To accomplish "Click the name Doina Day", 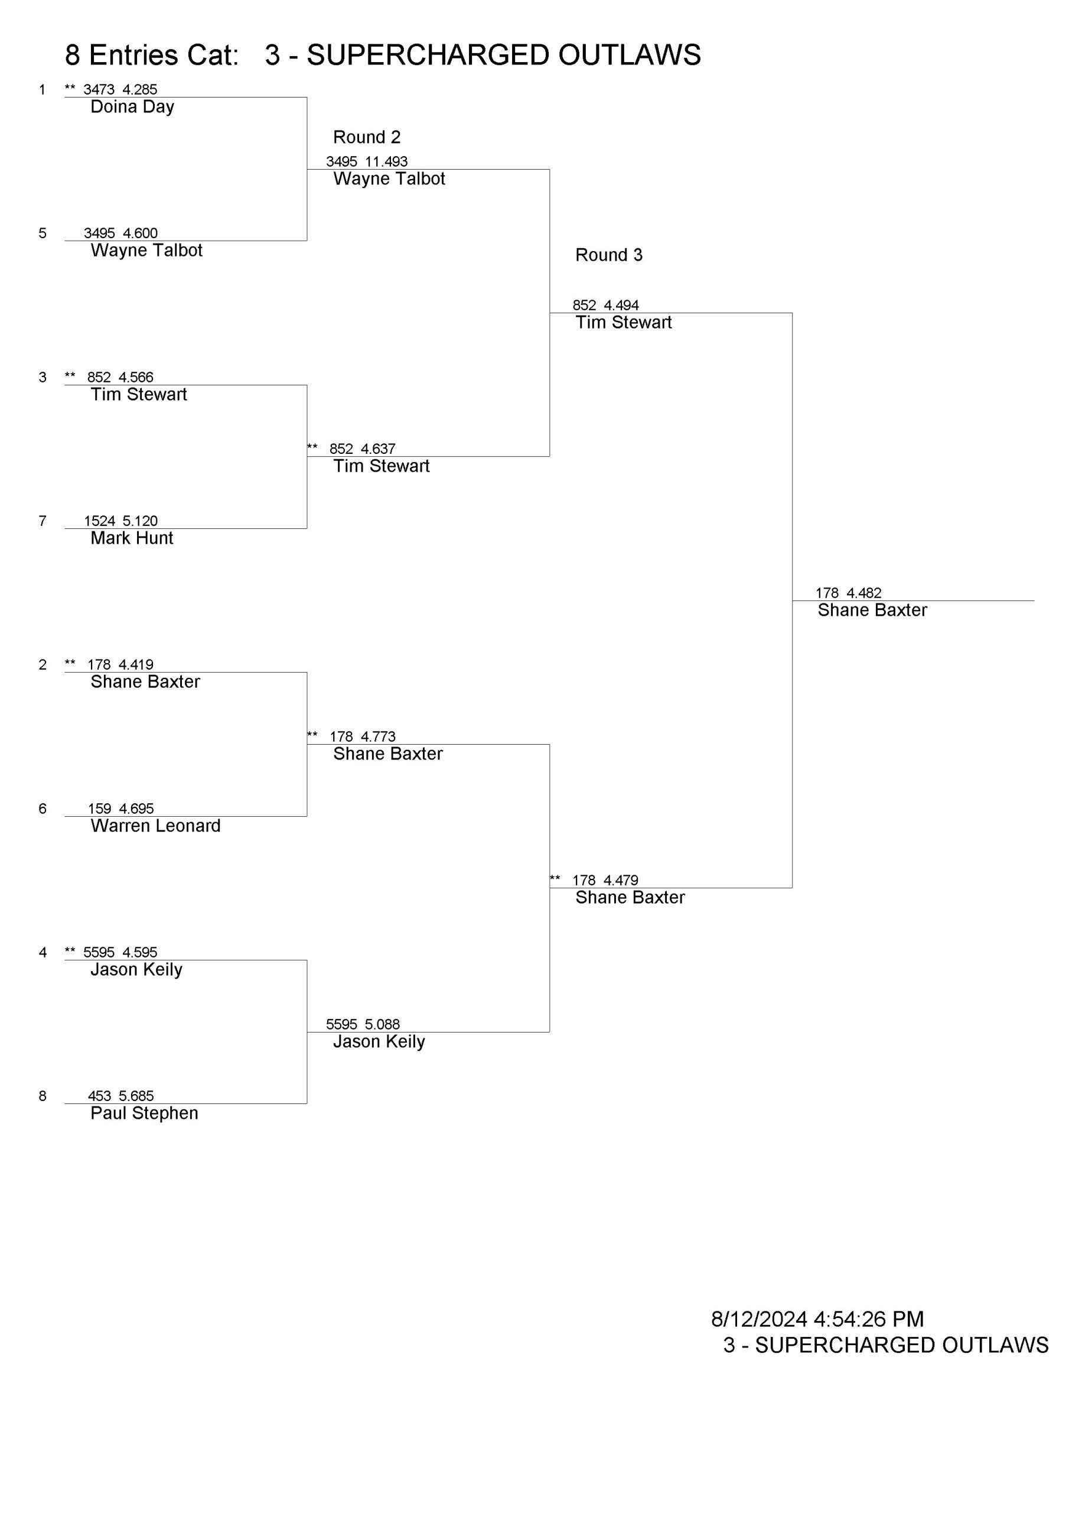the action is [x=132, y=108].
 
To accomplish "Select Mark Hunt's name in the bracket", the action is [x=132, y=538].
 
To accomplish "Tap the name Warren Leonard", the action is [x=155, y=826].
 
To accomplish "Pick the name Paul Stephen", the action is [x=144, y=1113].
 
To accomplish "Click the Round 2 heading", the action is [x=367, y=137].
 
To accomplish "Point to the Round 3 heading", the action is [x=608, y=255].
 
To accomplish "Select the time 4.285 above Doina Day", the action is [x=139, y=90].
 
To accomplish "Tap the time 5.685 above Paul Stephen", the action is [x=136, y=1096].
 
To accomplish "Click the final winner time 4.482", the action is [x=863, y=593].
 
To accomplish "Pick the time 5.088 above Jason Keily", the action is [x=382, y=1024].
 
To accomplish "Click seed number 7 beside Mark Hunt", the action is [x=43, y=521].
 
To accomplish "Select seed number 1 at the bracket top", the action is [x=43, y=90].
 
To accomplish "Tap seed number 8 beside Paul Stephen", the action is [x=43, y=1096].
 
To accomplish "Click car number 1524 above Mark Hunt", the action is [x=99, y=521].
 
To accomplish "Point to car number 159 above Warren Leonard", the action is [x=99, y=809].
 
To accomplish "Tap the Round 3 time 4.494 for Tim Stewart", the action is [x=621, y=305].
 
